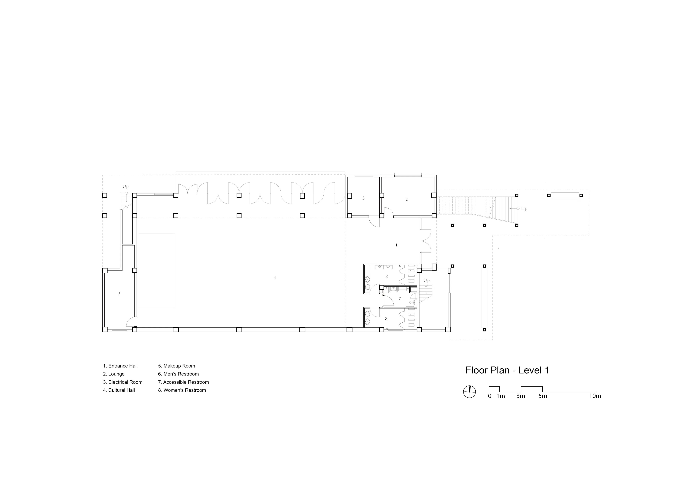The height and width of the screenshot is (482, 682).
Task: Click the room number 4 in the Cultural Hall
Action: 275,278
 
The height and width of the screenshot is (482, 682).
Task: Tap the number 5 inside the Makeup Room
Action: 119,294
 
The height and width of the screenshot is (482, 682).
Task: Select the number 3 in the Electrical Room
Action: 363,198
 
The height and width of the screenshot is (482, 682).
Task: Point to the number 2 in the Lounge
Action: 407,199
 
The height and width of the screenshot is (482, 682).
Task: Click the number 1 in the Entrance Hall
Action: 396,245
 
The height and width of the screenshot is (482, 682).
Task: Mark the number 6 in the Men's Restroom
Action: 387,277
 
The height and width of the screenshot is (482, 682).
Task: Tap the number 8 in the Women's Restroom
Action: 386,319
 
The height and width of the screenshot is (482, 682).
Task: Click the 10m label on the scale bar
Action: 595,396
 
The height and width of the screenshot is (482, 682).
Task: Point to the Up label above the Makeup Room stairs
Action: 126,187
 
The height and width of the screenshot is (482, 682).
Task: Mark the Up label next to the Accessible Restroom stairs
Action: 427,281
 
